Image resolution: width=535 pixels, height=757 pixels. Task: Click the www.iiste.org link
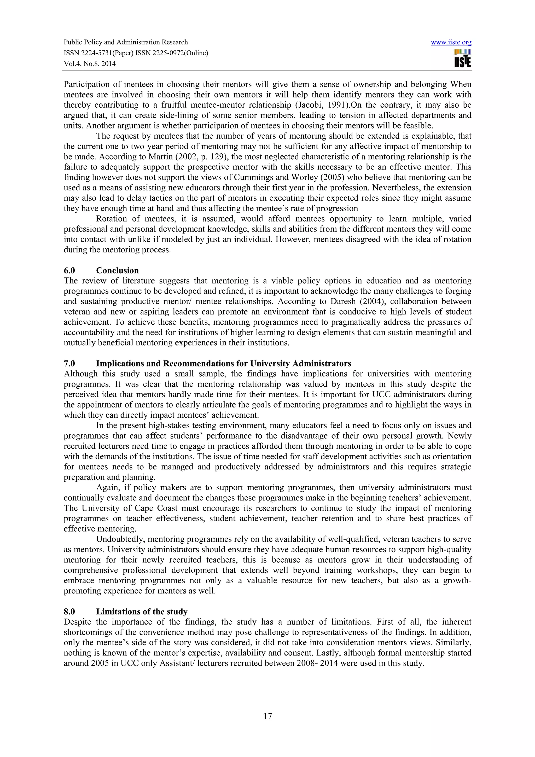click(451, 42)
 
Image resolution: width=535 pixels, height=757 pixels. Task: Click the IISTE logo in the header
click(462, 59)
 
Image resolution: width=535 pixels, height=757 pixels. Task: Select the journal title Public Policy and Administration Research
click(126, 42)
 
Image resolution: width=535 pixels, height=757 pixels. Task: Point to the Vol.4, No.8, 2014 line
click(90, 64)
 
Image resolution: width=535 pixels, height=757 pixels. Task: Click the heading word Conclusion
click(117, 271)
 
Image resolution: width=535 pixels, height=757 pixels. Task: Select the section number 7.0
click(69, 364)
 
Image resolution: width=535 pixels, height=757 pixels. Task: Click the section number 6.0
click(69, 271)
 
